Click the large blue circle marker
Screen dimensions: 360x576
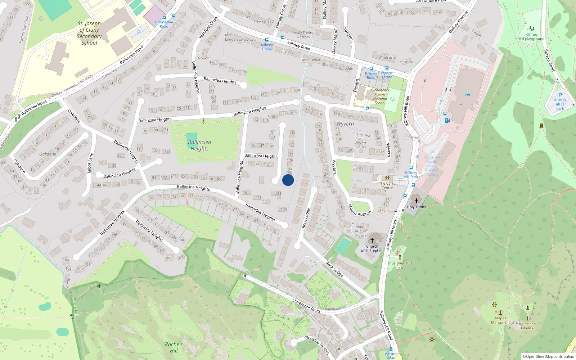click(288, 180)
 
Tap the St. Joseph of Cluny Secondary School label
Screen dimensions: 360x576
click(89, 33)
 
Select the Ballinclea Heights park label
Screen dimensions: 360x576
click(199, 145)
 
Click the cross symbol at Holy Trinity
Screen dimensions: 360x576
click(417, 201)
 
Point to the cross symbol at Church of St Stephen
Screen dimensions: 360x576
click(372, 240)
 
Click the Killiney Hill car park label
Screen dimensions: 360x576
click(560, 104)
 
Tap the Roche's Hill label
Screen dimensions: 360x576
click(174, 347)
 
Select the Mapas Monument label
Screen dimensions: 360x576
click(500, 320)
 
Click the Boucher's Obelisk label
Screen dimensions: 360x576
click(527, 326)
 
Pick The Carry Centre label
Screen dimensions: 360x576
click(387, 185)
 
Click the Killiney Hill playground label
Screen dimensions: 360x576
click(531, 37)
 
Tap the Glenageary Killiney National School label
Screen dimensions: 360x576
click(380, 96)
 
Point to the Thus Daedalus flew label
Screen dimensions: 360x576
click(400, 265)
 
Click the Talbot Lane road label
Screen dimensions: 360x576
click(90, 163)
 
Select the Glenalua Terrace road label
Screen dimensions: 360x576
click(317, 345)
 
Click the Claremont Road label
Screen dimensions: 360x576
click(306, 305)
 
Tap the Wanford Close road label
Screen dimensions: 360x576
click(208, 28)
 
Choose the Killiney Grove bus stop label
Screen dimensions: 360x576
click(267, 47)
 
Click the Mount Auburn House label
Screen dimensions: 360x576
click(361, 231)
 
